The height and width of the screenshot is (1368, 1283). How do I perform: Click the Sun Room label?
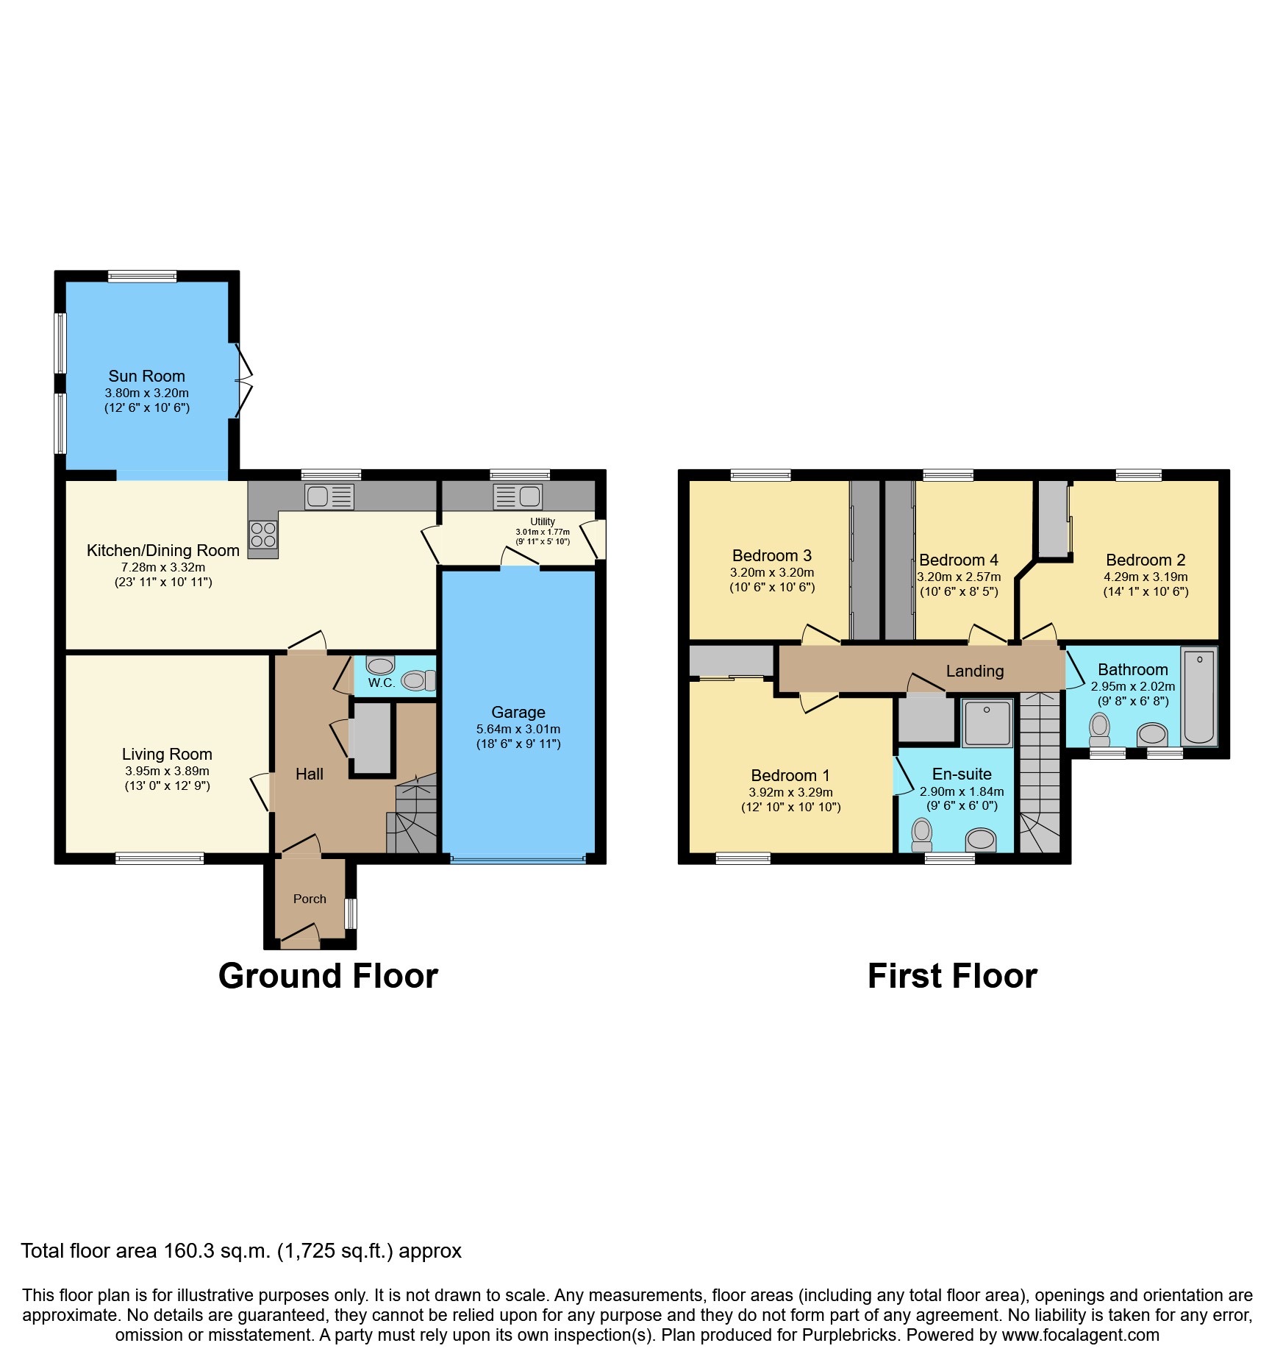(146, 376)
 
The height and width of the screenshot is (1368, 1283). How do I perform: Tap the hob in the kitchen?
(262, 535)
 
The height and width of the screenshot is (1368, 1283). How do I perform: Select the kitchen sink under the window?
(329, 496)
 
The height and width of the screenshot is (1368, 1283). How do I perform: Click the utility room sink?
(518, 496)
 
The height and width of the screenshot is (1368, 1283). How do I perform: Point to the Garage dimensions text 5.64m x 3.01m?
(518, 729)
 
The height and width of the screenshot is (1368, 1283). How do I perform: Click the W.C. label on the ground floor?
(382, 683)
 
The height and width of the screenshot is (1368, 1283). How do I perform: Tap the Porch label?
(310, 899)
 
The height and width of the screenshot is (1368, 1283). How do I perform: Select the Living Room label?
(167, 754)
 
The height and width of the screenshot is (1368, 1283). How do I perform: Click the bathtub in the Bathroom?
(1198, 696)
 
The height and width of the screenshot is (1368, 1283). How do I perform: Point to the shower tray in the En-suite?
(987, 722)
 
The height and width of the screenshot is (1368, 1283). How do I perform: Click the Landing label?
(974, 671)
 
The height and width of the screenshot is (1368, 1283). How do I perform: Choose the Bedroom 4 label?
(958, 560)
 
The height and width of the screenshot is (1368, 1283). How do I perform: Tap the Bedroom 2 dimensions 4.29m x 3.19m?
(1145, 577)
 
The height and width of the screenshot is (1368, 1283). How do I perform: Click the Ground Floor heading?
(328, 976)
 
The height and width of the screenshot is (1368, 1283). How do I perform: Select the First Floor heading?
(951, 976)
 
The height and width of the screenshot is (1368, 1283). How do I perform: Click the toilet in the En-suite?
(921, 834)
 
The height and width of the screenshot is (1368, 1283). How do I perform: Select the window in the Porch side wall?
(351, 913)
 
